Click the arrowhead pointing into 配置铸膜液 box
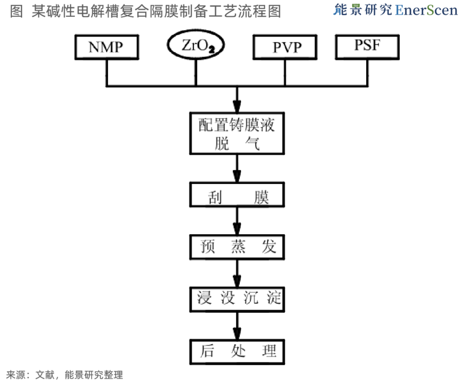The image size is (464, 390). tap(237, 106)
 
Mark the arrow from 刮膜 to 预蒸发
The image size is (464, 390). tap(237, 221)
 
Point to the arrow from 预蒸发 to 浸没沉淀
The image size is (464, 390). tap(237, 273)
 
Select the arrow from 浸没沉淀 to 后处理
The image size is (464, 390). tap(237, 326)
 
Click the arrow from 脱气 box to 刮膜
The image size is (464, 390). tap(237, 168)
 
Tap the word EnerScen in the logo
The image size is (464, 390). tap(426, 10)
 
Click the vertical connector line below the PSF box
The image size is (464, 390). tap(367, 73)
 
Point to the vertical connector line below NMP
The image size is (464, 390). tap(107, 73)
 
